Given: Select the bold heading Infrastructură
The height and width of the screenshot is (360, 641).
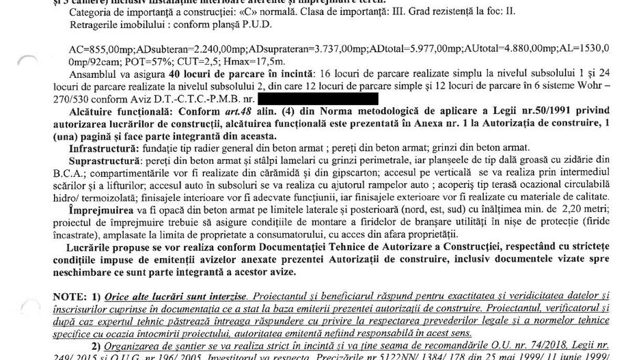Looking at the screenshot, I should pyautogui.click(x=97, y=146).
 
